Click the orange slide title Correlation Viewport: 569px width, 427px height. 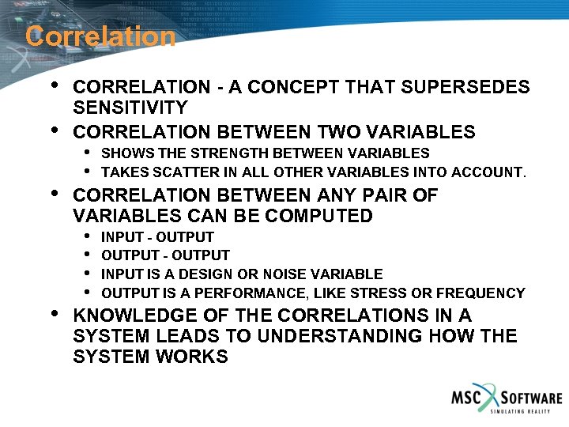(x=100, y=36)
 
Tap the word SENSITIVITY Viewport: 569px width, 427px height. (x=130, y=108)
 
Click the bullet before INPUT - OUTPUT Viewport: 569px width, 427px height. (x=85, y=236)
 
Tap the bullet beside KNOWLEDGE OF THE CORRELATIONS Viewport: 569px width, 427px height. (x=53, y=314)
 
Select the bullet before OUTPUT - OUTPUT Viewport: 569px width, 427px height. (x=85, y=255)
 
